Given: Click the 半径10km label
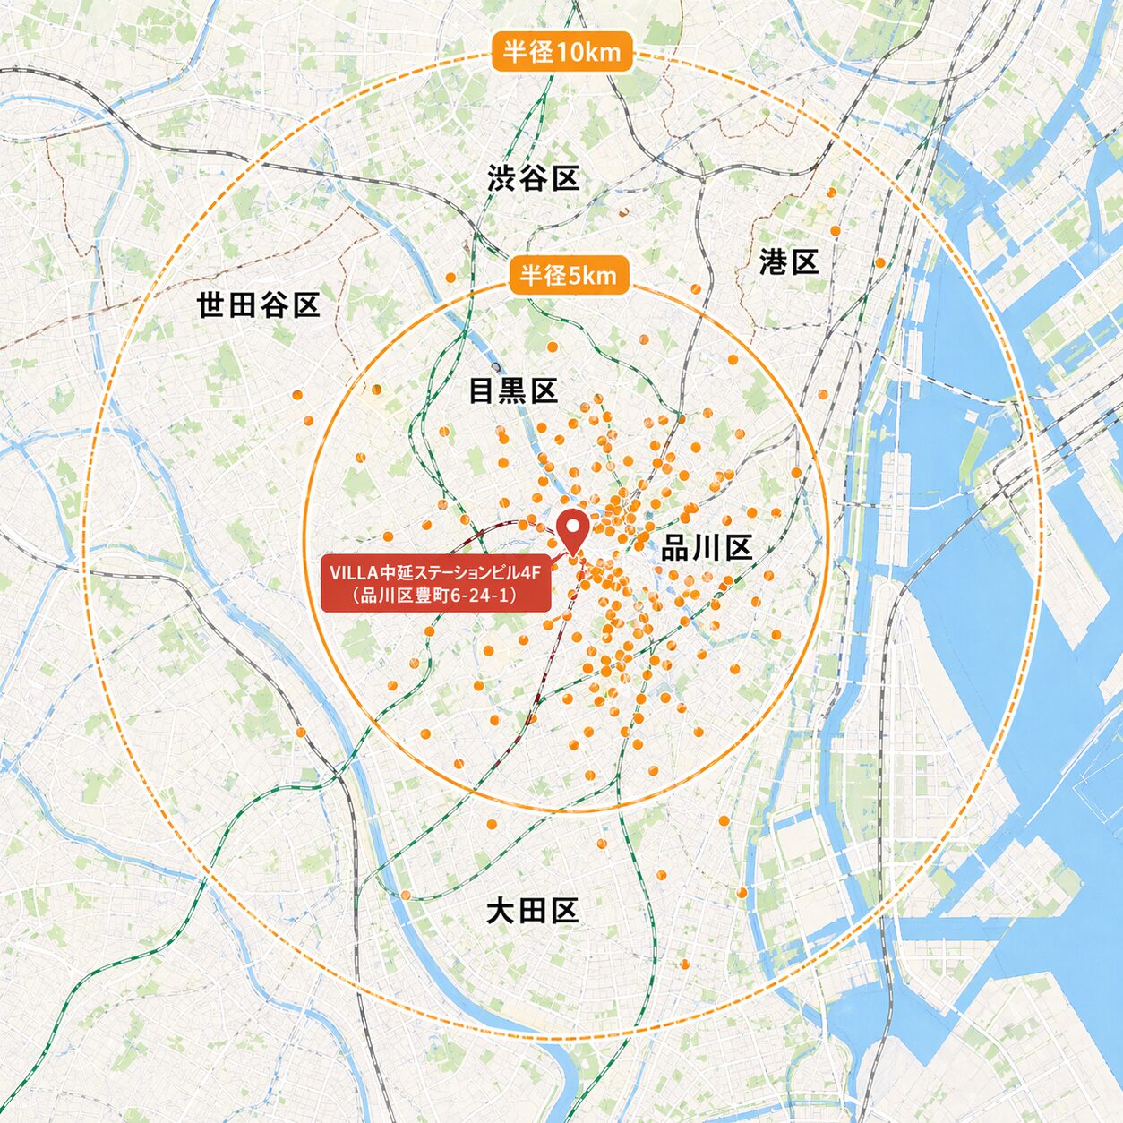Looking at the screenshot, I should point(561,52).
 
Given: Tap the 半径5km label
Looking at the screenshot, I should point(569,275).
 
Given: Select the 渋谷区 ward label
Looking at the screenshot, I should point(534,178).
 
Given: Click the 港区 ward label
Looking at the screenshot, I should point(789,262).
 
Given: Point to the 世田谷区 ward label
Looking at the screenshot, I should point(258,305).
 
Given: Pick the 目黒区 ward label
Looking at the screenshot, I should point(513,390).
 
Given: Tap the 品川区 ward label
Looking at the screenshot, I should point(707,548).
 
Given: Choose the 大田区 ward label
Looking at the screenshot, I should point(532,912).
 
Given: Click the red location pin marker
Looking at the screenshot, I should point(572,529).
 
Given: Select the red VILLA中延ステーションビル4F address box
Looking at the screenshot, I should point(435,584).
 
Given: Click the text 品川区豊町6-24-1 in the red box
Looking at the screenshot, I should point(435,596).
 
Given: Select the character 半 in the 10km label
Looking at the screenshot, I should point(514,52).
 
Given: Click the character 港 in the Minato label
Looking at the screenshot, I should point(774,262).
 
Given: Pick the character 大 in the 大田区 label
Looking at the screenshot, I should point(501,912).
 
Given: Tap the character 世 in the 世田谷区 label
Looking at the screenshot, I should point(210,305).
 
